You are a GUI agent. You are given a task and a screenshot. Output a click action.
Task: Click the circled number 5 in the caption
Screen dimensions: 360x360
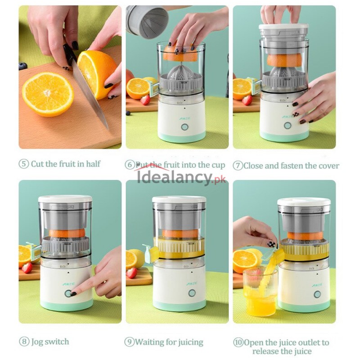point(24,164)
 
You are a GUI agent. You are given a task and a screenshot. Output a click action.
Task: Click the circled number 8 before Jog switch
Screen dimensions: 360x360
point(24,342)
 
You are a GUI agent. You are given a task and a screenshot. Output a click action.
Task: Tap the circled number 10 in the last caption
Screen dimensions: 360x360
point(238,342)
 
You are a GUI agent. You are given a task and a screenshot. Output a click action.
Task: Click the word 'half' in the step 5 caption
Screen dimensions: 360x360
point(92,164)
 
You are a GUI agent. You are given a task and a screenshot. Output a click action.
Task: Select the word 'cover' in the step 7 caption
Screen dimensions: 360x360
point(328,165)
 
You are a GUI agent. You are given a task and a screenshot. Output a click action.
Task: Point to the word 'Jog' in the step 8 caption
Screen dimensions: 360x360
point(39,342)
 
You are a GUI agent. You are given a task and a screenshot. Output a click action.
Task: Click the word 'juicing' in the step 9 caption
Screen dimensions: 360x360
point(188,342)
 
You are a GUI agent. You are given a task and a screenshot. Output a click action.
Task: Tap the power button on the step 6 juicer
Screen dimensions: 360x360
point(184,127)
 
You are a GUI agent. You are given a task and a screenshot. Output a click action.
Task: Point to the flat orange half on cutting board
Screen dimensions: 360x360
point(48,94)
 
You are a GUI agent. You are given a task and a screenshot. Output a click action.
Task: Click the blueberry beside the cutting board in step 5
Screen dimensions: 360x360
point(23,66)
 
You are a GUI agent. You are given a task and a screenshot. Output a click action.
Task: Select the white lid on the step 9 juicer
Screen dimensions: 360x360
point(179,199)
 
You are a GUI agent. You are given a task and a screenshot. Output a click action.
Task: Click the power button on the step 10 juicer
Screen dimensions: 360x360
point(317,294)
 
